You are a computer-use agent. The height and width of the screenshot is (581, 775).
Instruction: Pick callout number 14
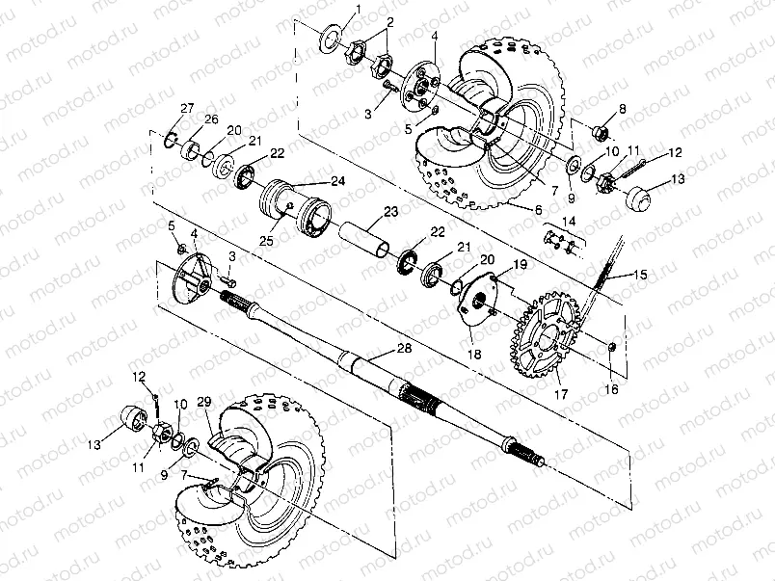[569, 222]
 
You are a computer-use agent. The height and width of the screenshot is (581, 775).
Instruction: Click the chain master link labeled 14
[559, 239]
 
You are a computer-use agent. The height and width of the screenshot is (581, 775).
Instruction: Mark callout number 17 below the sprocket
[561, 393]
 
